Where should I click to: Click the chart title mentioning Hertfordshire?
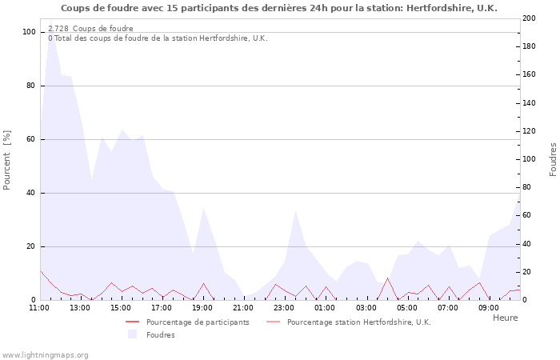279,8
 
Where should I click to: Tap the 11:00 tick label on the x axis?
39,307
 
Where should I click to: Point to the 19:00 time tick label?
202,307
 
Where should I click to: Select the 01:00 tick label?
326,307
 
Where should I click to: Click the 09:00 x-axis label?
489,307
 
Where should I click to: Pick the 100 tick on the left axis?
29,32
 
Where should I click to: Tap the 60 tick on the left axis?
30,139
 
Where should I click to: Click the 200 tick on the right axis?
529,18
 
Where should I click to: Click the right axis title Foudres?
553,159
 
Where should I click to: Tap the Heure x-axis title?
505,318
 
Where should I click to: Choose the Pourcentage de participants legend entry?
198,322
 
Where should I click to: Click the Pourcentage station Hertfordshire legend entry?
358,322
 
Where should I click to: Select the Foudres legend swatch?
133,334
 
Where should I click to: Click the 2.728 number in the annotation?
58,29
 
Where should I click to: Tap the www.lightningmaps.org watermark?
45,354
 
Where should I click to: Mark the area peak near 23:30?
296,210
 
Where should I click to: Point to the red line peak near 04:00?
387,278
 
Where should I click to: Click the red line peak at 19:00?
204,283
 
